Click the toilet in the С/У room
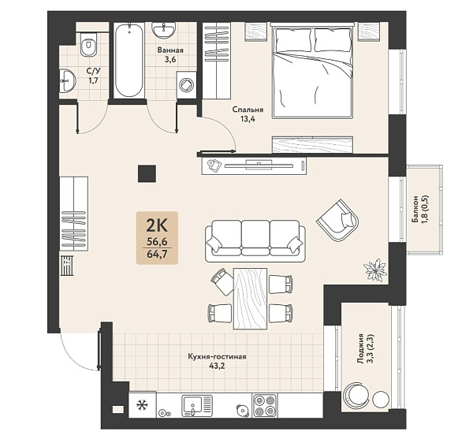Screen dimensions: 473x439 coord(88,45)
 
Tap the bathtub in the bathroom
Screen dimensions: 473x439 coord(129,61)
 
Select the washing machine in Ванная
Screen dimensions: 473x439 coord(186,84)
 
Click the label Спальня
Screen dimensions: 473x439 coord(248,110)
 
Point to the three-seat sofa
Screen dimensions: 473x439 coord(255,240)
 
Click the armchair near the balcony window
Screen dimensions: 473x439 coord(338,220)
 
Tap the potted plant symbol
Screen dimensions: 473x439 coord(375,270)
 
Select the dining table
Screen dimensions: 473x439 coord(251,299)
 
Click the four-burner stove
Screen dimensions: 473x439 coord(265,406)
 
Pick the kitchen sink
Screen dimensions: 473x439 coord(197,406)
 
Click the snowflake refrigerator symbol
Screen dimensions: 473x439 coord(141,405)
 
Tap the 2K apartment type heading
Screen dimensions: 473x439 coord(157,226)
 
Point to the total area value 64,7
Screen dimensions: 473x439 coord(157,254)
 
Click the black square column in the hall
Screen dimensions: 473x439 coord(147,173)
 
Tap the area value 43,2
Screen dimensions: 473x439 coord(218,366)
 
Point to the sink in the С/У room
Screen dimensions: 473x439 coord(68,80)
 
